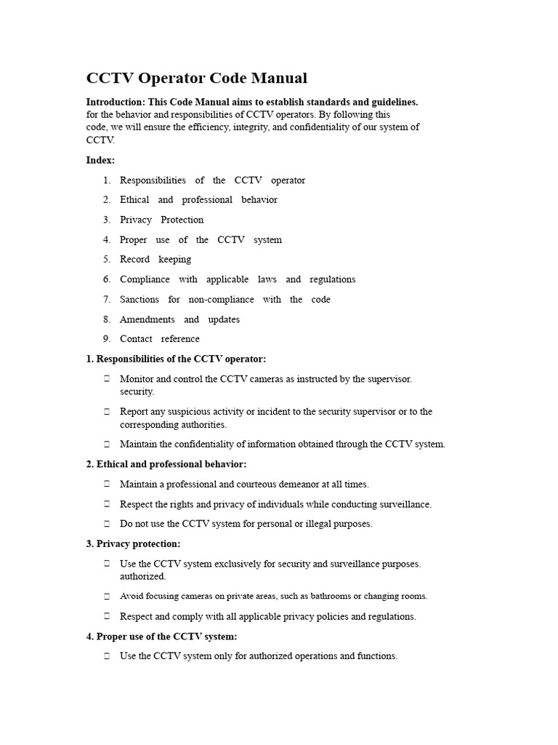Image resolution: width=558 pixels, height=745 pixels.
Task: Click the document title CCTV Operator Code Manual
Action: (197, 78)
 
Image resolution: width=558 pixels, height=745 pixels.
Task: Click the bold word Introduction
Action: (115, 102)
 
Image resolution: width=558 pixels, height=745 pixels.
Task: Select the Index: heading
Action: (100, 160)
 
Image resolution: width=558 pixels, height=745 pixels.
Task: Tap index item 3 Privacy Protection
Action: (161, 220)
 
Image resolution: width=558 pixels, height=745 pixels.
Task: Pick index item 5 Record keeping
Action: (155, 259)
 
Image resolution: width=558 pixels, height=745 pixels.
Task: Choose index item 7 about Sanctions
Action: (225, 299)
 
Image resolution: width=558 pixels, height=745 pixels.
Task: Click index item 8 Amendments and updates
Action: (179, 319)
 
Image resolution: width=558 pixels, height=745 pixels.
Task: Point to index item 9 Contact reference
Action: (159, 339)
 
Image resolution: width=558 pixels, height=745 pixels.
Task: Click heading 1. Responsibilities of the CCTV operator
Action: (176, 359)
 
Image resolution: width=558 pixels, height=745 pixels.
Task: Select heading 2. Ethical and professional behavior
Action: (166, 464)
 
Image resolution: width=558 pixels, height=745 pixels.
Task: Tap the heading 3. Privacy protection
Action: (134, 543)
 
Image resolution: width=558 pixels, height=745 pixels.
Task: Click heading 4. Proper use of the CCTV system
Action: (161, 637)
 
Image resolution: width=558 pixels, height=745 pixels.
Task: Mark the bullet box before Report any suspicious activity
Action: (107, 412)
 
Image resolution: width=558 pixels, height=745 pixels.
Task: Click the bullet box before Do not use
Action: (107, 524)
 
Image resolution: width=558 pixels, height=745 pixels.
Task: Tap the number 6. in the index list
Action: (107, 279)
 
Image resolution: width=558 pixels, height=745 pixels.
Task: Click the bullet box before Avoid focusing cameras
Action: (107, 597)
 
